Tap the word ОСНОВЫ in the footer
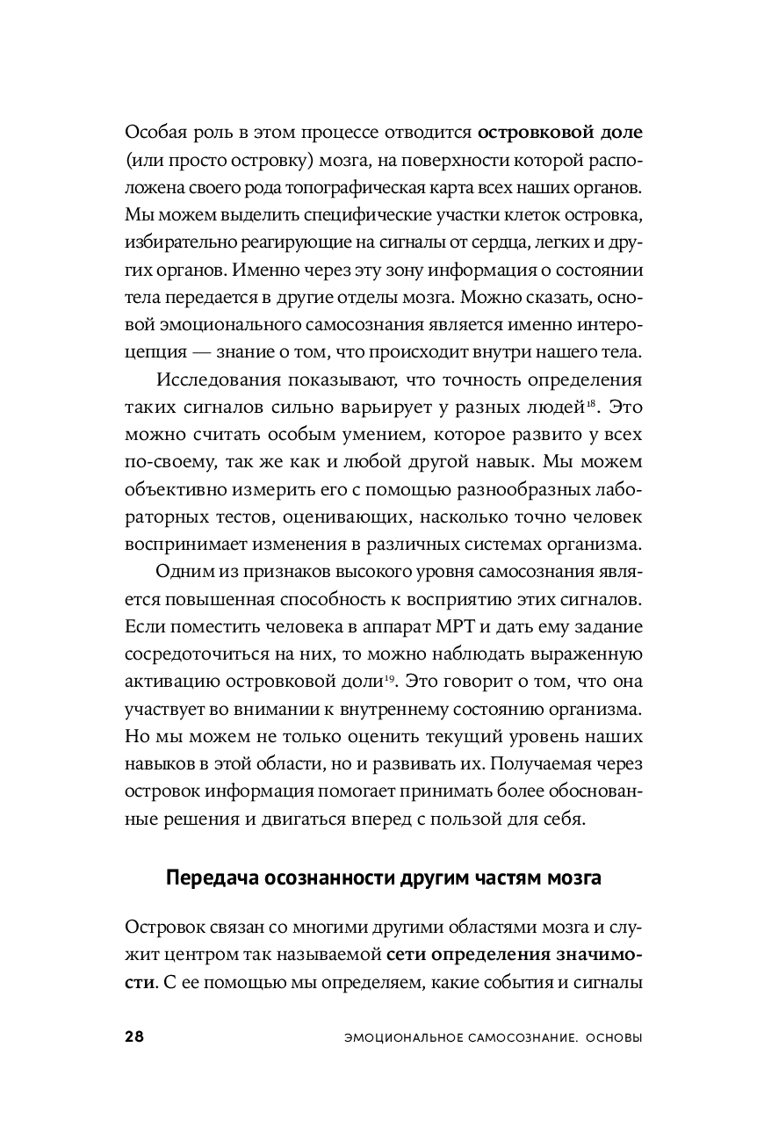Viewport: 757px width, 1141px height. click(x=611, y=1037)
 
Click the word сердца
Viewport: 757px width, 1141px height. click(x=489, y=243)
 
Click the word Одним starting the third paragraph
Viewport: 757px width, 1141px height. click(x=182, y=572)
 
